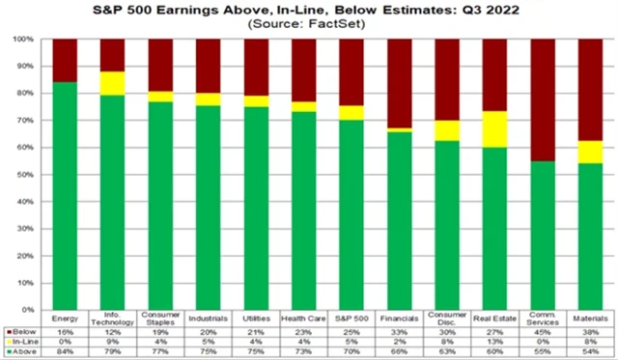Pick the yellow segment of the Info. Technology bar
[112, 83]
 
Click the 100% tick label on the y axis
[25, 40]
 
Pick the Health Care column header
[301, 317]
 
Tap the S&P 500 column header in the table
[349, 317]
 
